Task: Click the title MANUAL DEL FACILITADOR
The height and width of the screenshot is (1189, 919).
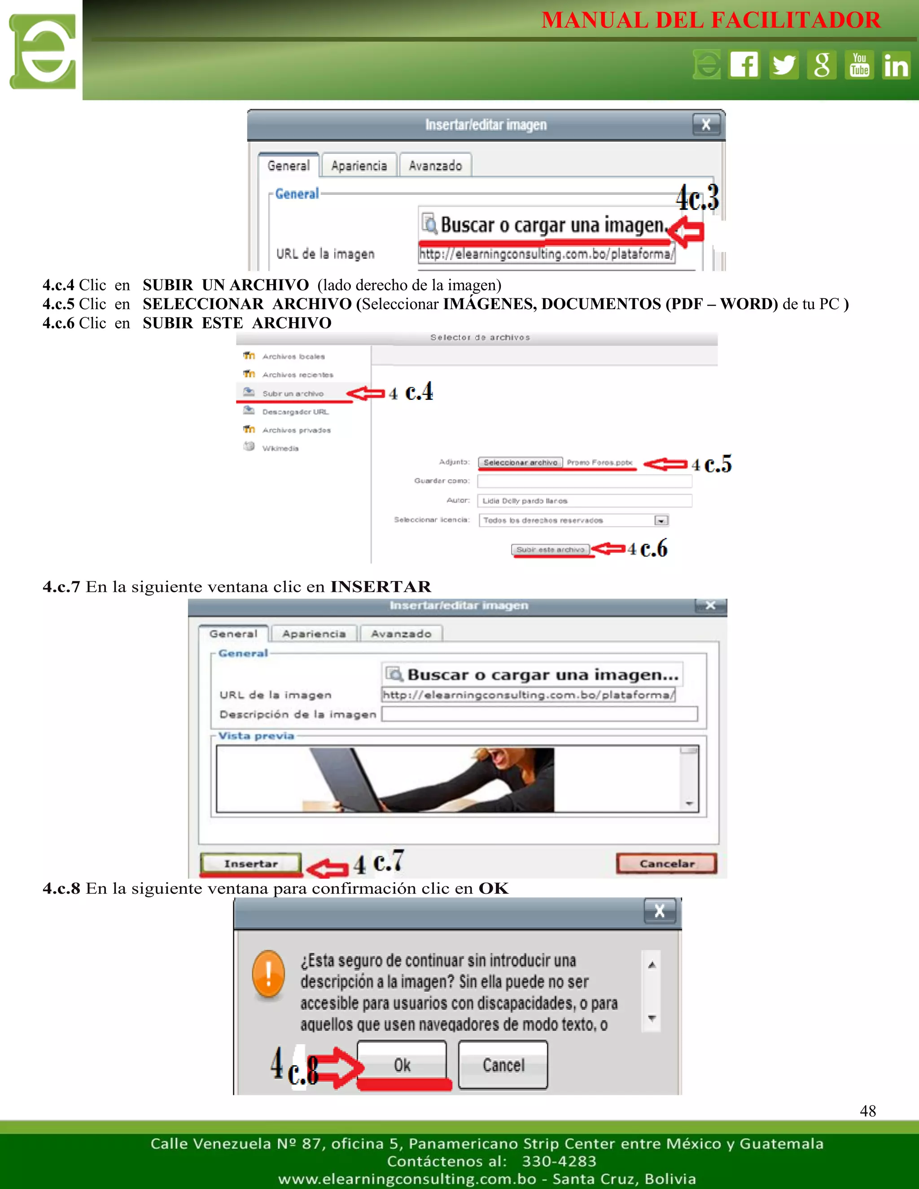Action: pos(710,21)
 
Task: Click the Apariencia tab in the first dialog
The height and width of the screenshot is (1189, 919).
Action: pos(359,166)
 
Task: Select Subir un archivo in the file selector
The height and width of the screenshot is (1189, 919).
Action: pos(293,393)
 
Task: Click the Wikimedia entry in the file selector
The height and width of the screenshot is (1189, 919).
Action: pos(280,448)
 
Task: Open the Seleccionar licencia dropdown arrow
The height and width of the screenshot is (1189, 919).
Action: pos(661,520)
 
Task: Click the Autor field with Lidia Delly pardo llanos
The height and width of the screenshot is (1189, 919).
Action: pos(584,500)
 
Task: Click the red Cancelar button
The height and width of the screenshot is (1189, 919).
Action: pos(666,863)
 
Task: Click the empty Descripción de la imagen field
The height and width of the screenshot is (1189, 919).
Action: pos(539,714)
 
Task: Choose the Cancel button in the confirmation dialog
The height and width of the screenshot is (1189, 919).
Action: pos(503,1065)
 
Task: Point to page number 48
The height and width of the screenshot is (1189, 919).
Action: pos(868,1110)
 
